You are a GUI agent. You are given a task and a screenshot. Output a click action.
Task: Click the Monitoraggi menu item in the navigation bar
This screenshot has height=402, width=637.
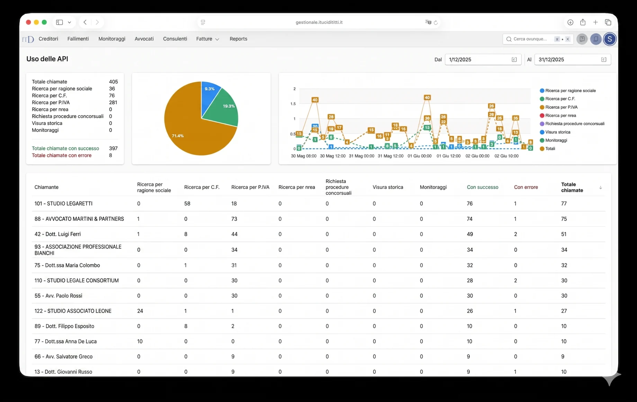[112, 39]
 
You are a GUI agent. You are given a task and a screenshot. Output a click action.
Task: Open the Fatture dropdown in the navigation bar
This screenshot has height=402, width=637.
[207, 39]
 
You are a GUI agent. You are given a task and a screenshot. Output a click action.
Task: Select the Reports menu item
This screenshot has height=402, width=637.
[238, 39]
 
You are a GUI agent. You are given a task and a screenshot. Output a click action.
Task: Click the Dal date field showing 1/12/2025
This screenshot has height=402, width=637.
[483, 60]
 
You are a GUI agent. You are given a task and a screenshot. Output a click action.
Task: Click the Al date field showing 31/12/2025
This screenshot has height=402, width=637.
[573, 60]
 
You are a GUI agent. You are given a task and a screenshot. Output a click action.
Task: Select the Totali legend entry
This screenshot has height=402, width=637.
[547, 149]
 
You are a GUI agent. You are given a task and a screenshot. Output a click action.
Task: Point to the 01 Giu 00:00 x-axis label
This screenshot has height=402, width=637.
[419, 156]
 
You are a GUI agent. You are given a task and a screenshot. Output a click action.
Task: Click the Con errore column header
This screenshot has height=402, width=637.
[526, 187]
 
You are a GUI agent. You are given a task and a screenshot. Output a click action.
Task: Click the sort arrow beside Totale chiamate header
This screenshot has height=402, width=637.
[601, 188]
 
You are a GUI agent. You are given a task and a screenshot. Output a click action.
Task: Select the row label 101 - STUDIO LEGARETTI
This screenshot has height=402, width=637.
[63, 203]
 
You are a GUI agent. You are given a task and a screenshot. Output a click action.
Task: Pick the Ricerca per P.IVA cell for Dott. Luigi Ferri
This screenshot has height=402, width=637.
[234, 234]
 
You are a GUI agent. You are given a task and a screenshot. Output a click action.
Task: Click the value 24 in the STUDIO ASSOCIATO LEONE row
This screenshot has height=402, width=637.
[140, 311]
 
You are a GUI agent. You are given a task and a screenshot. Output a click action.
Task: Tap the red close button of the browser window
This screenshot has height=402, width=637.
[28, 22]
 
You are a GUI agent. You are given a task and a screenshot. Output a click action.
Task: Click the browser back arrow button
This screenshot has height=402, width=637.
[85, 22]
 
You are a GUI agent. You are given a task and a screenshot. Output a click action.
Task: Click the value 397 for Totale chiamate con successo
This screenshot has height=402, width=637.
[113, 148]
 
